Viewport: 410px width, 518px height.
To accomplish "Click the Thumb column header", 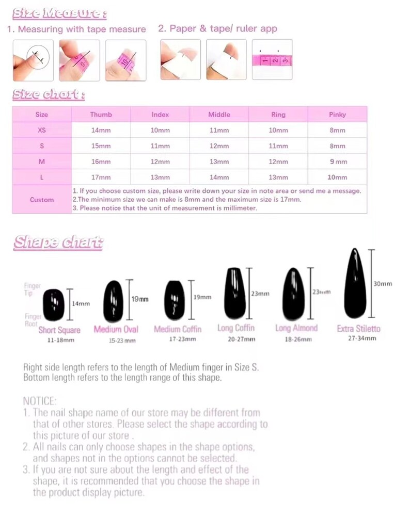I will click(101, 115).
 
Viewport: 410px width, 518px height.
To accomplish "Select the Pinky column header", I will click(337, 115).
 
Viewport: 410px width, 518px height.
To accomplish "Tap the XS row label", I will click(42, 131).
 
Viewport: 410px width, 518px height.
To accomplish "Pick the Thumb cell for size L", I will click(101, 177).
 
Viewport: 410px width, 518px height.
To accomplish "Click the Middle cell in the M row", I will click(219, 161).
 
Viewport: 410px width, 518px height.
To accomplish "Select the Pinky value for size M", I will click(338, 161).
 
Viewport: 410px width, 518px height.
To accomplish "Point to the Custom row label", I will click(42, 200).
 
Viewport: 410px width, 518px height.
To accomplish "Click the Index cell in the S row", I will click(160, 146).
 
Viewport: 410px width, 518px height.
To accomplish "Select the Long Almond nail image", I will click(292, 295).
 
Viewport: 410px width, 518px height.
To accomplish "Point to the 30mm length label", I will click(383, 284).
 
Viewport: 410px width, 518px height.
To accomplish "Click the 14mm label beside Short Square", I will click(81, 303).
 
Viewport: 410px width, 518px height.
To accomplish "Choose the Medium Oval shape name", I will click(116, 329).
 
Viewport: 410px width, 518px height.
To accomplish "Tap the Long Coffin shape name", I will click(236, 328).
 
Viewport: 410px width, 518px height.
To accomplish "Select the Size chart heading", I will click(49, 94).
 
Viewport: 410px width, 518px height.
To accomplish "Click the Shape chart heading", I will click(58, 242).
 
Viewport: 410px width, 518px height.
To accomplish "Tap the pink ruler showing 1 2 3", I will click(272, 60).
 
